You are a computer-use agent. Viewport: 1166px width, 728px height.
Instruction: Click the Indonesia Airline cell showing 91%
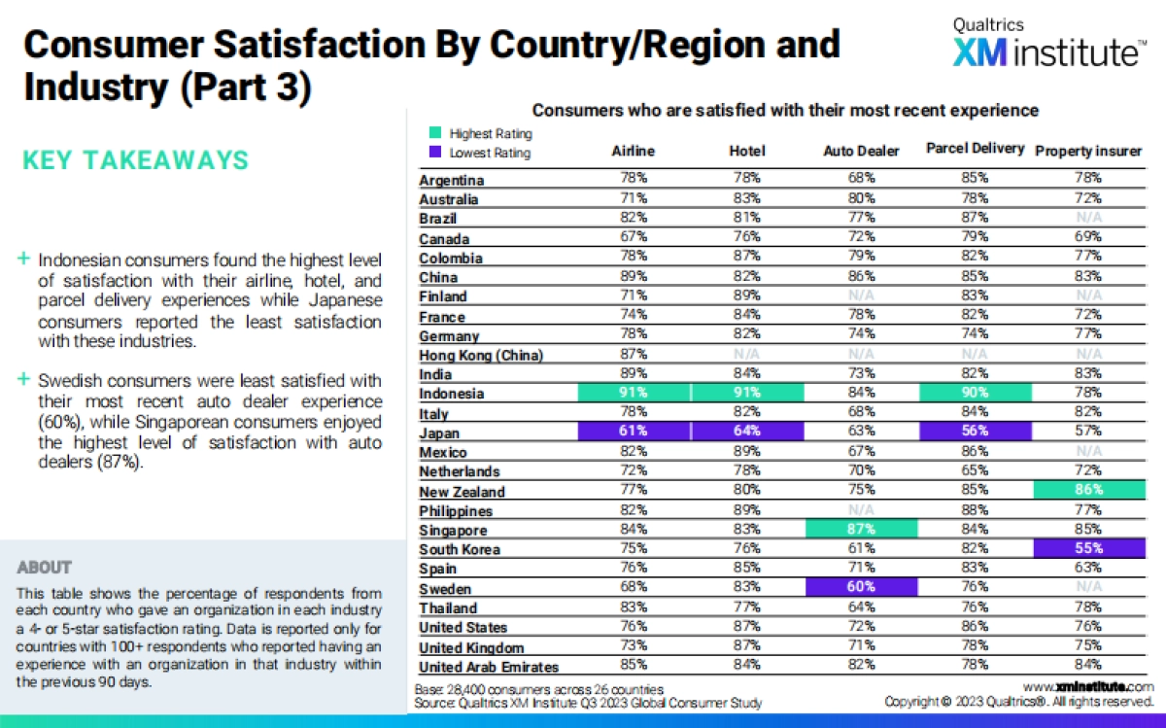coord(634,394)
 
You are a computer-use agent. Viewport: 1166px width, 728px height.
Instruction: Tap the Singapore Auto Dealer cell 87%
coord(861,530)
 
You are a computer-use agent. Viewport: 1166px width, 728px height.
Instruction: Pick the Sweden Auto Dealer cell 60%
coord(861,588)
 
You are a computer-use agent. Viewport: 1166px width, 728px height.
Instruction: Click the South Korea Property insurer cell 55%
coord(1088,549)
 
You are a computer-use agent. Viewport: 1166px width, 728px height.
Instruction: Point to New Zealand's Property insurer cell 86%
coord(1088,491)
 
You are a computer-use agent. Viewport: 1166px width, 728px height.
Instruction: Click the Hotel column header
coord(747,151)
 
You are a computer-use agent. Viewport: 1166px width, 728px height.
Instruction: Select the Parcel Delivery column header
coord(975,149)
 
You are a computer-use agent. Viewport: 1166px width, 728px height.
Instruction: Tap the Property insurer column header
coord(1088,151)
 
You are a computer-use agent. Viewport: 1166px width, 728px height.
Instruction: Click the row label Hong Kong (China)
coord(481,356)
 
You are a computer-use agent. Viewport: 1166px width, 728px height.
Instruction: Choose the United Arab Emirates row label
coord(488,667)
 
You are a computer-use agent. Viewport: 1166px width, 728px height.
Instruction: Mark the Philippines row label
coord(456,511)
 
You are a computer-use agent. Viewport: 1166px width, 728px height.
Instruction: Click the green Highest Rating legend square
coord(434,134)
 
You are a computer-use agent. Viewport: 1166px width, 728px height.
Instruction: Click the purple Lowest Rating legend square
coord(434,153)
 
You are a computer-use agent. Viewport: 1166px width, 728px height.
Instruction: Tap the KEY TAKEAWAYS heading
coord(135,160)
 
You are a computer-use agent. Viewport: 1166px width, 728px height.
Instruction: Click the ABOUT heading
coord(45,567)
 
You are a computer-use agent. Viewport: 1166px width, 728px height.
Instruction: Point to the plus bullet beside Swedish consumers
coord(23,380)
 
